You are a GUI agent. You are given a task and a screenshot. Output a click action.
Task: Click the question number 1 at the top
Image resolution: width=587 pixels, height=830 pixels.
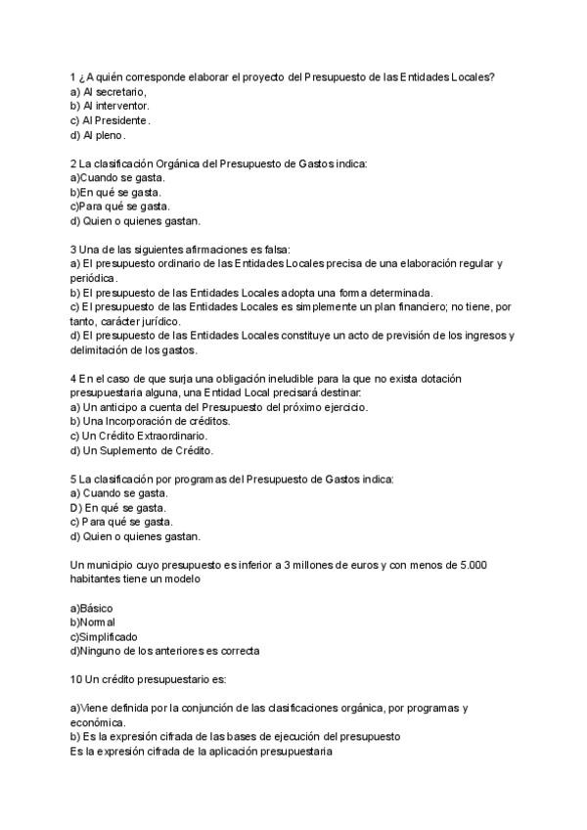73,76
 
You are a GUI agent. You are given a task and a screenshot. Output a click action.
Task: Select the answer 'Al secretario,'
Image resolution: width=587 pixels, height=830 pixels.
111,91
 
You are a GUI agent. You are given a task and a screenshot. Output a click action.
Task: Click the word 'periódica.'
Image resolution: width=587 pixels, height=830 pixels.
96,279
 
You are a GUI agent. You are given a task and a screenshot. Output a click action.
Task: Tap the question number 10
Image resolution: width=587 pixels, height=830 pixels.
77,678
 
